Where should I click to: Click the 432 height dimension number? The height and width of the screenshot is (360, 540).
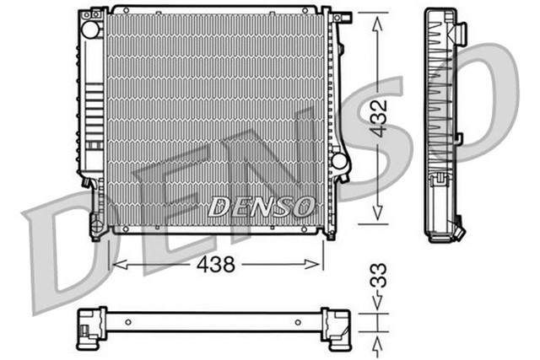pyautogui.click(x=380, y=117)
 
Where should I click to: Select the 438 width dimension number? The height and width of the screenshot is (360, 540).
pyautogui.click(x=216, y=265)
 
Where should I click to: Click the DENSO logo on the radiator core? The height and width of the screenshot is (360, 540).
pyautogui.click(x=261, y=205)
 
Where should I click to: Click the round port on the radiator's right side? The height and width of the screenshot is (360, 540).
pyautogui.click(x=339, y=160)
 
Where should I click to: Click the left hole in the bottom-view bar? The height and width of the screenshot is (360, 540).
pyautogui.click(x=127, y=322)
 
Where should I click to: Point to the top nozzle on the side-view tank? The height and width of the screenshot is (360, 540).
pyautogui.click(x=461, y=33)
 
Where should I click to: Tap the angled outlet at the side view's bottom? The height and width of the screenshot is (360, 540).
pyautogui.click(x=458, y=228)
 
